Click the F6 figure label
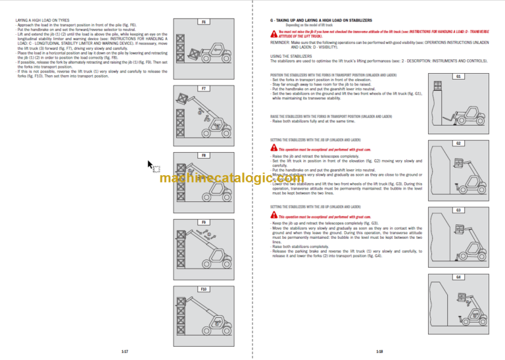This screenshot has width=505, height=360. pos(204,22)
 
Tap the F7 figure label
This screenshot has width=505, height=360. pos(204,88)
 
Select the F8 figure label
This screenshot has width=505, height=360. pos(204,155)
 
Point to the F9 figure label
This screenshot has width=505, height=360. pos(204,222)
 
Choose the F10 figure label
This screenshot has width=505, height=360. pos(204,289)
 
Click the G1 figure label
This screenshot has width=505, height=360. pos(458,76)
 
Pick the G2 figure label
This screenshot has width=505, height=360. pos(458,143)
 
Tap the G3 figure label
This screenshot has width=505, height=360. pos(458,210)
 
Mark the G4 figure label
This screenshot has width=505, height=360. pos(458,277)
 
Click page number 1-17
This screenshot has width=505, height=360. pos(124,351)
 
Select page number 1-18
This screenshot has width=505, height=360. pos(379,351)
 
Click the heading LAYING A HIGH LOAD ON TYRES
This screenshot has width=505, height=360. pos(42,21)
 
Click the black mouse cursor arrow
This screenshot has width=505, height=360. pos(151,165)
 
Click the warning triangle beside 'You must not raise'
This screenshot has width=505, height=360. pos(274,31)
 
